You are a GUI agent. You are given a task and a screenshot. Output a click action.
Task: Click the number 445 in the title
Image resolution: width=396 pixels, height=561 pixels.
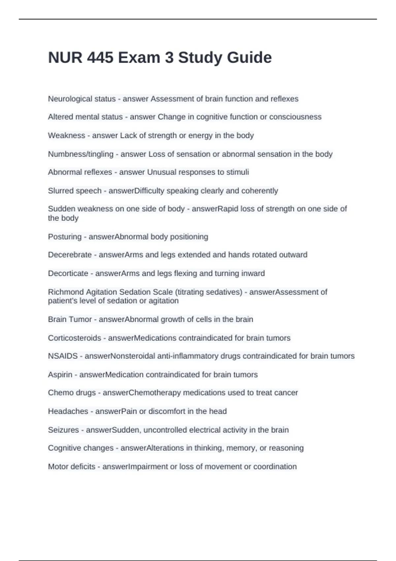click(x=100, y=58)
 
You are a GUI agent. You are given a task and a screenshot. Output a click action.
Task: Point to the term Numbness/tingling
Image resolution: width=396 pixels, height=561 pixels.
click(x=81, y=154)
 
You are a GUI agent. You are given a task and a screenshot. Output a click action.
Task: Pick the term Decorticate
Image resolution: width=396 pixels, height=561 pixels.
click(x=68, y=274)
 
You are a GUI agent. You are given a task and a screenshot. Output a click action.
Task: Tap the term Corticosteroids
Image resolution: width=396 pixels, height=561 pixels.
click(x=75, y=338)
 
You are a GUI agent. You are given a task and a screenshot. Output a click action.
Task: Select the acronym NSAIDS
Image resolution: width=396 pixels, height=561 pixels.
click(x=63, y=356)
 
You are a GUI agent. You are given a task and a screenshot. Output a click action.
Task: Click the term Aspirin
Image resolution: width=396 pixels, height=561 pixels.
click(x=60, y=375)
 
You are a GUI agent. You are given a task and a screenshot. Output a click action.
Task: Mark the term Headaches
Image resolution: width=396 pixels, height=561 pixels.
click(x=68, y=411)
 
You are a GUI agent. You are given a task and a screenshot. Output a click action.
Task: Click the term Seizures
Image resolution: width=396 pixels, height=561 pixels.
click(x=63, y=430)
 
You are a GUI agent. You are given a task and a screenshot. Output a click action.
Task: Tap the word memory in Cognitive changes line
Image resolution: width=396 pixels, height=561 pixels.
click(x=242, y=448)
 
